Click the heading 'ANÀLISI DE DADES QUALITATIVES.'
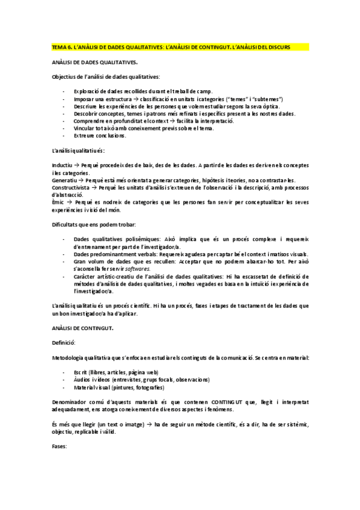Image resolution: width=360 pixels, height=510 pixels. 94,62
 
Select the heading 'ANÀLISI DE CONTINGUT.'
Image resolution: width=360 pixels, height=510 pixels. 83,328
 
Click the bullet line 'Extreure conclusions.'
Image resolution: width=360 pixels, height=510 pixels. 100,135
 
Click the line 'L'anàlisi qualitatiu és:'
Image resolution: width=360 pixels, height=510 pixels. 79,150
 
